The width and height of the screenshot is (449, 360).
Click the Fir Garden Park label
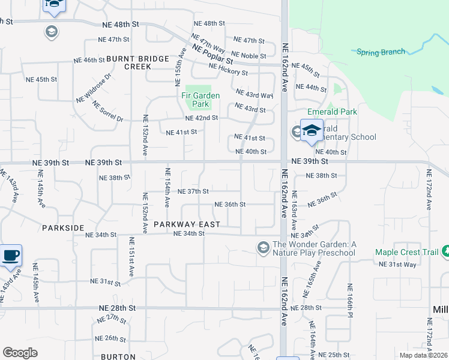click(x=200, y=100)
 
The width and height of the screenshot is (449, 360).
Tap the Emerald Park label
click(x=332, y=112)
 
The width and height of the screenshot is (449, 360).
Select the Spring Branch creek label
click(x=381, y=52)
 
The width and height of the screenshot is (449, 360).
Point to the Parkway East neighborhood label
click(x=178, y=224)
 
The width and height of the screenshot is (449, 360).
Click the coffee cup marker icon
click(x=11, y=256)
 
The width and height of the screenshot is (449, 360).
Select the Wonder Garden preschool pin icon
click(x=263, y=247)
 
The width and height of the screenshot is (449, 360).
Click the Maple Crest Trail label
click(x=406, y=252)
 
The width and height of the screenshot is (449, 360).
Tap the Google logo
click(x=20, y=352)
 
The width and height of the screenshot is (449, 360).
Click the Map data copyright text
click(x=423, y=355)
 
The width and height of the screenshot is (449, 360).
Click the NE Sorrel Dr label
click(x=108, y=112)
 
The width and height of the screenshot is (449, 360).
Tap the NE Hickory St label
click(x=228, y=70)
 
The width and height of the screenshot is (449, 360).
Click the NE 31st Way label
click(x=397, y=265)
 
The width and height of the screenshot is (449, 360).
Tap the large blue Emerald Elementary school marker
click(x=312, y=131)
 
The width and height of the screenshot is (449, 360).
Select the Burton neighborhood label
click(x=118, y=356)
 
